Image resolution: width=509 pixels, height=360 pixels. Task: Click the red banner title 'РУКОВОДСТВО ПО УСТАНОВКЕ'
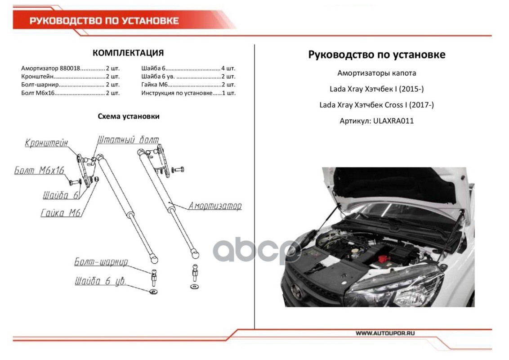pyautogui.click(x=104, y=21)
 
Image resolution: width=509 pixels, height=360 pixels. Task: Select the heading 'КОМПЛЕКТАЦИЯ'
pyautogui.click(x=128, y=53)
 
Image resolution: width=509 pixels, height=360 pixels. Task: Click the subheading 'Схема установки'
pyautogui.click(x=129, y=116)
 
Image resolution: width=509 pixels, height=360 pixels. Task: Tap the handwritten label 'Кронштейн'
pyautogui.click(x=46, y=143)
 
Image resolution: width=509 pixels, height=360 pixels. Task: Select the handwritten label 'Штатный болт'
pyautogui.click(x=128, y=140)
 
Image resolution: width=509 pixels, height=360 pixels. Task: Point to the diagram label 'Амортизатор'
pyautogui.click(x=214, y=206)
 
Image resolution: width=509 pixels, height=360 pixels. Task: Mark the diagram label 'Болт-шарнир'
pyautogui.click(x=101, y=262)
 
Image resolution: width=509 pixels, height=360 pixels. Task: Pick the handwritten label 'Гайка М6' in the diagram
pyautogui.click(x=60, y=213)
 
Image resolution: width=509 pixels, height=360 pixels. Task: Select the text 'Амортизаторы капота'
pyautogui.click(x=376, y=73)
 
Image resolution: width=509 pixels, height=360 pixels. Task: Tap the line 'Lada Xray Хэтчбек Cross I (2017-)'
pyautogui.click(x=376, y=105)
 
